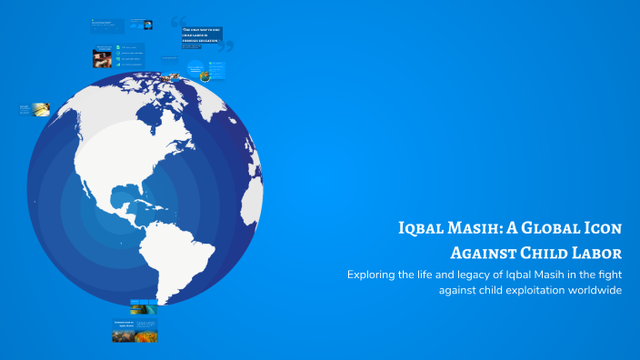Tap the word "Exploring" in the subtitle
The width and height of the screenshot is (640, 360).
pos(373,274)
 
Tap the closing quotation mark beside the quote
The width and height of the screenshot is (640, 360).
pos(226,46)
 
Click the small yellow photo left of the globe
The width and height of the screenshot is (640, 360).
pos(41,110)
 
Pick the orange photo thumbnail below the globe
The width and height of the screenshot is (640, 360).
pos(145,335)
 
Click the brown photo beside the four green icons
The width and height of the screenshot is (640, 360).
pos(102,59)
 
